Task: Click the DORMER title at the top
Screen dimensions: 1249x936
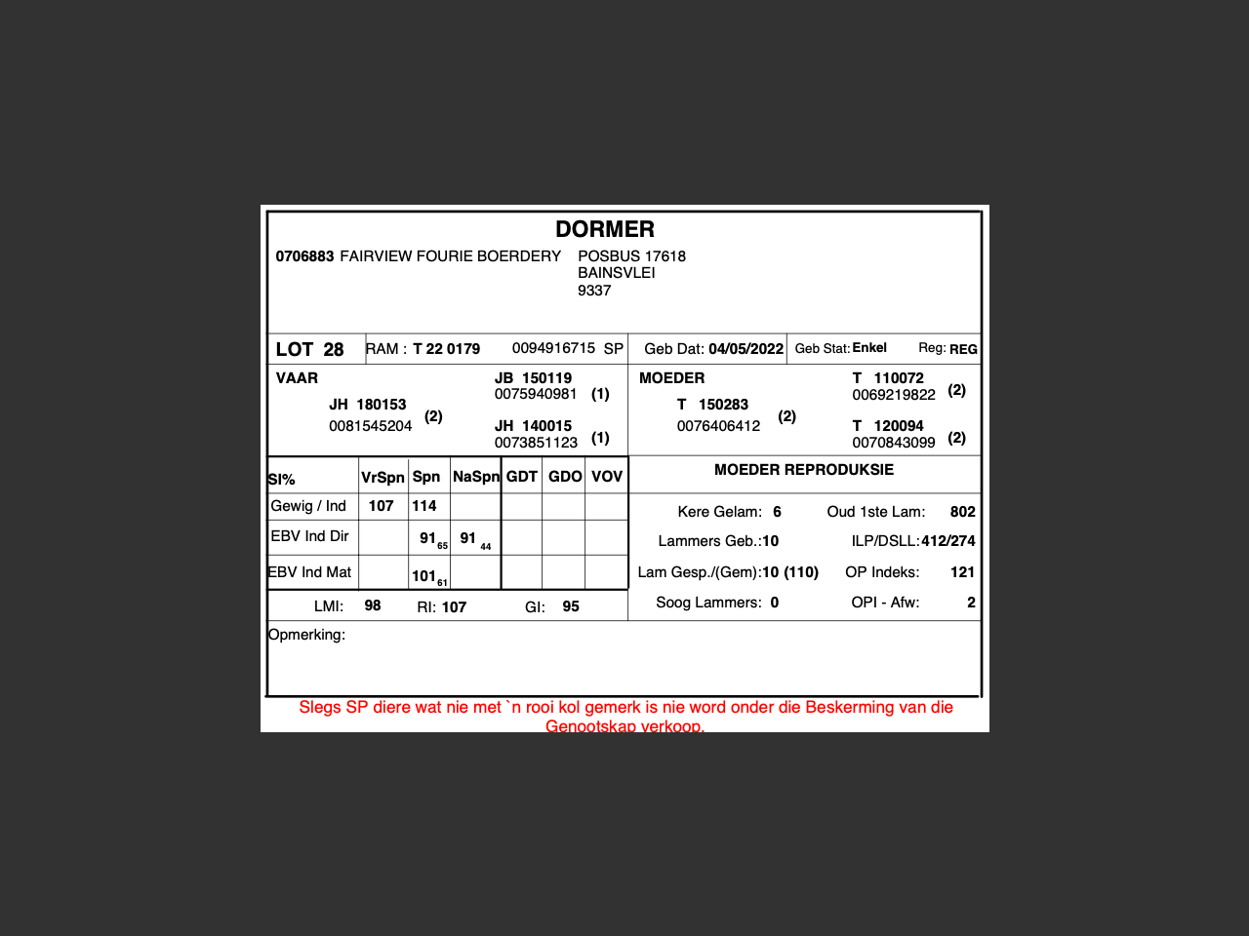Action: click(x=604, y=229)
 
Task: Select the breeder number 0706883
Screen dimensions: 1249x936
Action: click(x=304, y=256)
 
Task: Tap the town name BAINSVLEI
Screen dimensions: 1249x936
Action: click(x=616, y=273)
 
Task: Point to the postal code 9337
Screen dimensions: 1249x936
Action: click(x=594, y=291)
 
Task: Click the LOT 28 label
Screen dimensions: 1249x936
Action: click(x=309, y=349)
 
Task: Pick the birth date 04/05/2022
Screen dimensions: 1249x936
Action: click(x=745, y=349)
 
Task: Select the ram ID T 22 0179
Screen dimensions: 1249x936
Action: click(x=446, y=349)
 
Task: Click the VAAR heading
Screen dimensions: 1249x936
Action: click(x=297, y=378)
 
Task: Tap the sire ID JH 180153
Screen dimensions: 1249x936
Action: click(x=367, y=405)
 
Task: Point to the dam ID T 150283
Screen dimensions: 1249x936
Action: click(x=712, y=405)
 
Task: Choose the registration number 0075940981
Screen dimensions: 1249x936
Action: click(x=536, y=394)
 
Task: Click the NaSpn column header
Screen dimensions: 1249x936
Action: click(x=476, y=477)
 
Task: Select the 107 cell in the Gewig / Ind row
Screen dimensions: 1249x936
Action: click(x=381, y=506)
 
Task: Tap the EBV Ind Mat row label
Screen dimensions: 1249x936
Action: click(x=309, y=572)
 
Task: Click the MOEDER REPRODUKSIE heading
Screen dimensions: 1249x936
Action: click(x=803, y=470)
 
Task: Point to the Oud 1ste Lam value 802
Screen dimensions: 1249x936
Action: click(x=962, y=512)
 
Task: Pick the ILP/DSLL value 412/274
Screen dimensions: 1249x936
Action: click(x=947, y=541)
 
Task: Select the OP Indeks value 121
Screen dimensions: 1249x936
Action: click(x=962, y=572)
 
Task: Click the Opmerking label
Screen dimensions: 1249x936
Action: click(x=306, y=635)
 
